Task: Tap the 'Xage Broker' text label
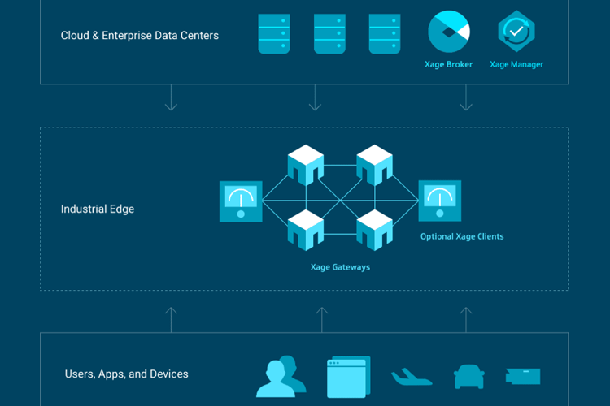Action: (448, 65)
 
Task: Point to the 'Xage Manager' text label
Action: (516, 65)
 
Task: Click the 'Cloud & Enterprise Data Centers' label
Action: (139, 36)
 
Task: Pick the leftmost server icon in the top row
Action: (274, 34)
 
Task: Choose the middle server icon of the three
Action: (329, 34)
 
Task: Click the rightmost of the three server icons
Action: (384, 34)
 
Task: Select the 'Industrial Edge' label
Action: (98, 209)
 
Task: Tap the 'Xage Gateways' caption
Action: (340, 267)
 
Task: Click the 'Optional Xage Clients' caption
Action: (462, 237)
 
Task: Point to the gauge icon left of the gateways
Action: (241, 201)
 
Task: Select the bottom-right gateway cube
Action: (375, 229)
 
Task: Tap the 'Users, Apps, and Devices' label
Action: (126, 374)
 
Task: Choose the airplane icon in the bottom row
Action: (412, 377)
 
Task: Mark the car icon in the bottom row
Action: (468, 377)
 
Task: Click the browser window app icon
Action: (347, 377)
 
